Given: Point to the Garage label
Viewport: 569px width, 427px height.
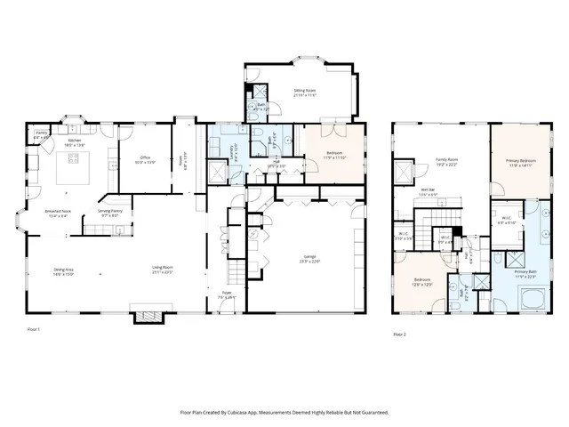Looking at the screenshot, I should pyautogui.click(x=306, y=259).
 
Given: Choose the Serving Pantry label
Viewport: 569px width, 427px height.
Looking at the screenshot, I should pyautogui.click(x=110, y=213).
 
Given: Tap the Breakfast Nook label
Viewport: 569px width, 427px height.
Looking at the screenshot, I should pyautogui.click(x=58, y=213).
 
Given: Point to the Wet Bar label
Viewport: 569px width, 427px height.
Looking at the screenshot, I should pyautogui.click(x=428, y=191).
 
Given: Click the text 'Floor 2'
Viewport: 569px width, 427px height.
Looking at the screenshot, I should pyautogui.click(x=399, y=334).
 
